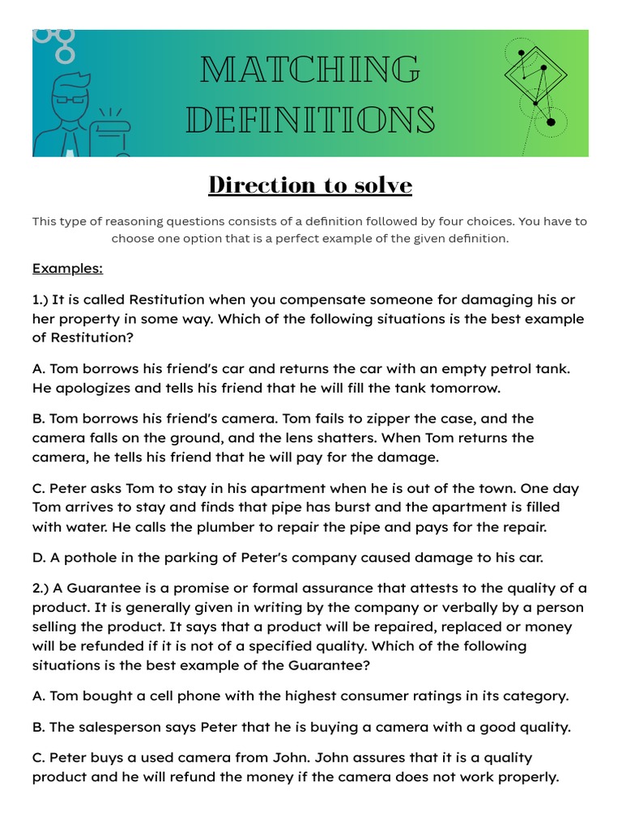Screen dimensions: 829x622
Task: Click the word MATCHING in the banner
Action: click(x=310, y=71)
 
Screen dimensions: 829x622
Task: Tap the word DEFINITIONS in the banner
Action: click(x=310, y=121)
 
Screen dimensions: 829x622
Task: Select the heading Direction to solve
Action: click(x=310, y=185)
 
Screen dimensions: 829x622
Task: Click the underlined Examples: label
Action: click(x=67, y=268)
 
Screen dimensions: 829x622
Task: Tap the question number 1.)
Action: click(x=42, y=300)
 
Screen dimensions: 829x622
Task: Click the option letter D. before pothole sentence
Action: click(x=39, y=558)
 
